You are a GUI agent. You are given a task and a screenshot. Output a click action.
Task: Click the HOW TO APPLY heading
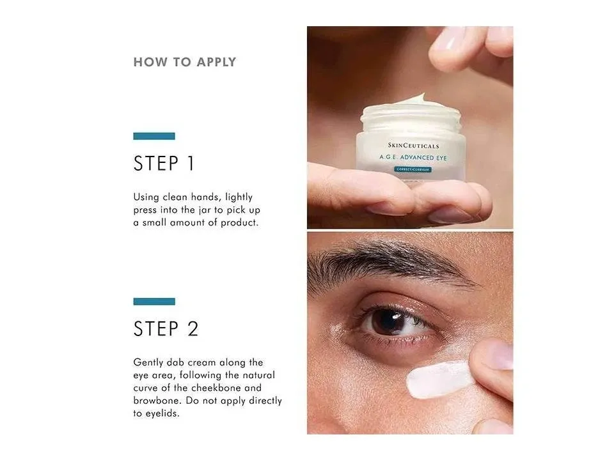pyautogui.click(x=184, y=62)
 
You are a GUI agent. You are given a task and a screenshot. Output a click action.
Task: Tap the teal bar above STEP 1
pyautogui.click(x=154, y=136)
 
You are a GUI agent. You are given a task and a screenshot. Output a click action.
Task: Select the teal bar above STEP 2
pyautogui.click(x=154, y=301)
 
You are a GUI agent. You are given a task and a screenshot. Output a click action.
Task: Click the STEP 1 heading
pyautogui.click(x=164, y=163)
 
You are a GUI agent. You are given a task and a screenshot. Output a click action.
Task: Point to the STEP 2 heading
pyautogui.click(x=166, y=328)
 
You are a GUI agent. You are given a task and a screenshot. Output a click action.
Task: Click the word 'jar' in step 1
pyautogui.click(x=205, y=210)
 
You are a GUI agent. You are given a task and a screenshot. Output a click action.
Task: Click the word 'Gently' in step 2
pyautogui.click(x=148, y=363)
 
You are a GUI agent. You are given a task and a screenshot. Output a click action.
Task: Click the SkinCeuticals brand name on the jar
pyautogui.click(x=414, y=146)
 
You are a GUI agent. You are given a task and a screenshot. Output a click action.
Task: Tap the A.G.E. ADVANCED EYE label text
pyautogui.click(x=413, y=157)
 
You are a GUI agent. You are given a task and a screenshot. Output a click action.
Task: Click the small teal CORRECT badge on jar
pyautogui.click(x=413, y=169)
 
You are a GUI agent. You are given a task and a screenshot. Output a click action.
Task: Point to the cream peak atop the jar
pyautogui.click(x=419, y=97)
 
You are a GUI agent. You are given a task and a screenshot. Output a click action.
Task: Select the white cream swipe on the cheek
pyautogui.click(x=439, y=379)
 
